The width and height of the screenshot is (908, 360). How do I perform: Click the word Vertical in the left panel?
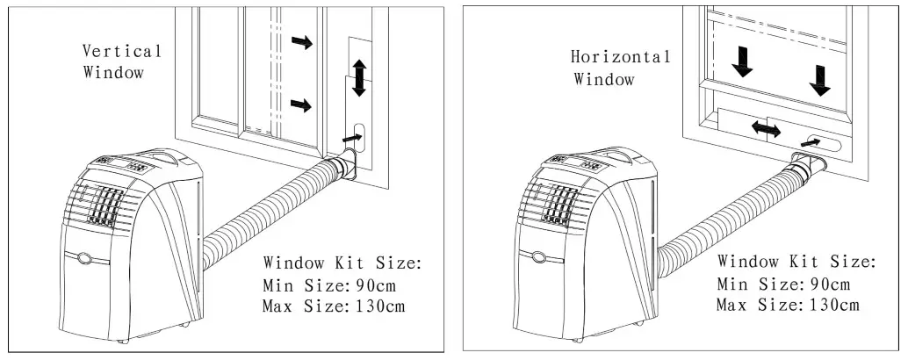122,51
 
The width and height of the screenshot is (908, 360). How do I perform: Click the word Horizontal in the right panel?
621,57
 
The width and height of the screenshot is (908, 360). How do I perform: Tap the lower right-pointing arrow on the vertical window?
300,105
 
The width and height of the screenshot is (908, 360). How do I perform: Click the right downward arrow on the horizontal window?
820,79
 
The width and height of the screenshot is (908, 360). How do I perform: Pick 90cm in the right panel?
828,284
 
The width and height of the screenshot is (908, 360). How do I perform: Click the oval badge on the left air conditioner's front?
84,258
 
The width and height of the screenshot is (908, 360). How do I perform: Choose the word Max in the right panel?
732,305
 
